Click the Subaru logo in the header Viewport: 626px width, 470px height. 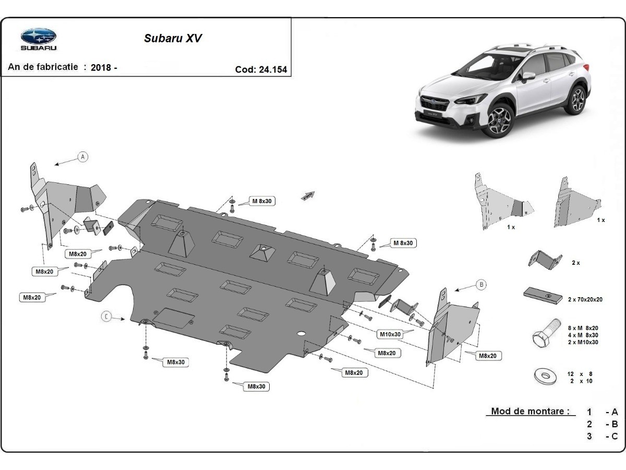click(x=39, y=37)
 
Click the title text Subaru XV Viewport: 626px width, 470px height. click(x=173, y=38)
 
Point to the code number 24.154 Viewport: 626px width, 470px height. click(x=272, y=69)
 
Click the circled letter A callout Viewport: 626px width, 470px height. click(x=82, y=156)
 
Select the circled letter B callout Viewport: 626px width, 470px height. click(x=481, y=285)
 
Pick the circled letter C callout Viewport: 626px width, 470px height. click(x=106, y=316)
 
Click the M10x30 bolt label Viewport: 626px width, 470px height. click(x=390, y=334)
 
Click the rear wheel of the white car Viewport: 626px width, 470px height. click(x=576, y=99)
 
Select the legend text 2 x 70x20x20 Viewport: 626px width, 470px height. click(x=585, y=299)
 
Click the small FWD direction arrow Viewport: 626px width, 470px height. click(x=308, y=195)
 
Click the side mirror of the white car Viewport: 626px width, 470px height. click(x=529, y=76)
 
